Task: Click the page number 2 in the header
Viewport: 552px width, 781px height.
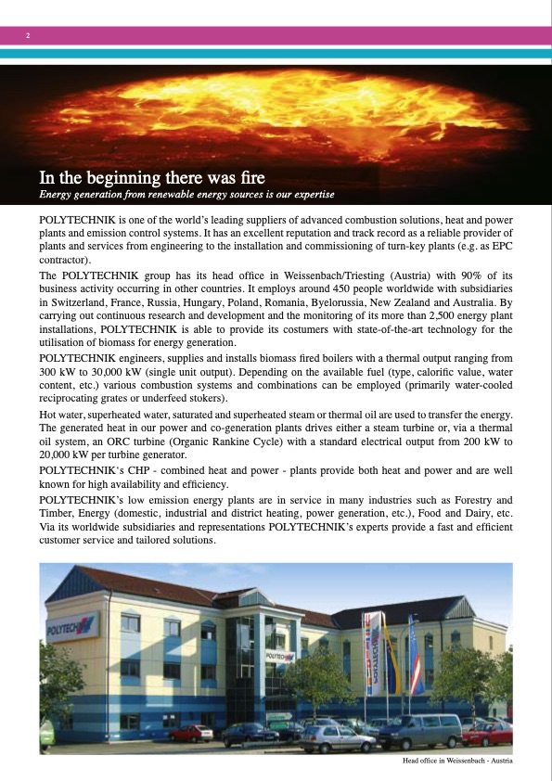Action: pos(29,35)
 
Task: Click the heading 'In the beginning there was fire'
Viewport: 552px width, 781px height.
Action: pos(151,177)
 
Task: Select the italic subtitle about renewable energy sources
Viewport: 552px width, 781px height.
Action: pos(186,194)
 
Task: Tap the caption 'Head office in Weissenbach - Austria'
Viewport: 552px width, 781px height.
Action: pos(457,762)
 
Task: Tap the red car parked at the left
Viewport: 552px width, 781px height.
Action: pos(191,733)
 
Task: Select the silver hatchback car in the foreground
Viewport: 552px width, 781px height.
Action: pos(335,738)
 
